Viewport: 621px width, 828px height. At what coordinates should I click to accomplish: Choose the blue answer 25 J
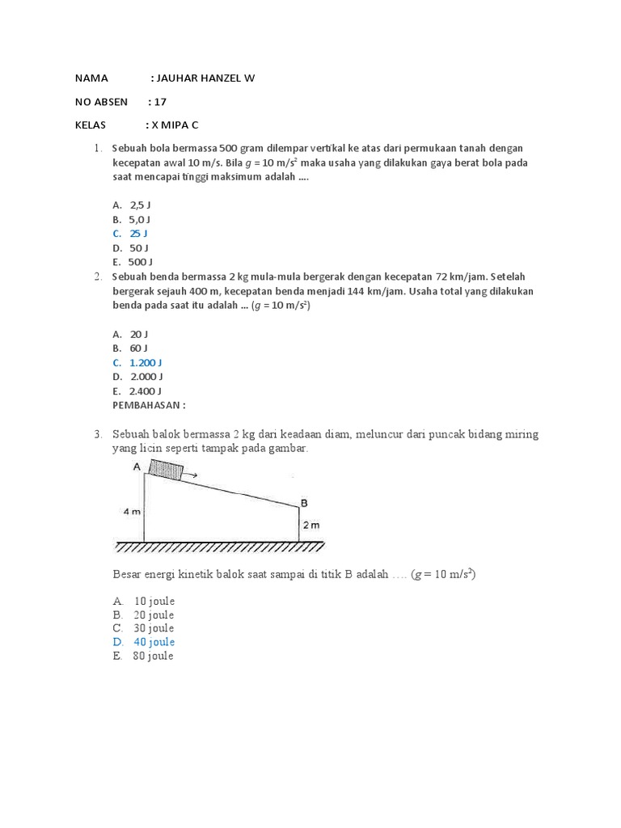click(138, 233)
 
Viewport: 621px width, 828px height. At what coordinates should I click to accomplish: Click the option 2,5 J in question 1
click(141, 205)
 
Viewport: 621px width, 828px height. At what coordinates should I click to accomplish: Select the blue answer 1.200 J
click(146, 362)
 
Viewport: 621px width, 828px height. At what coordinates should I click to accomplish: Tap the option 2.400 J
click(146, 391)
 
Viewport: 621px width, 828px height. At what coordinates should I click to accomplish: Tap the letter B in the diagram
click(304, 502)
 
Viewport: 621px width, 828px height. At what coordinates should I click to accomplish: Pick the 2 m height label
click(310, 526)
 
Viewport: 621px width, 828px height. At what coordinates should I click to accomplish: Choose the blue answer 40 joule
click(154, 642)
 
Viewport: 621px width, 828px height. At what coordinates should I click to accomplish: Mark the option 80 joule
click(154, 656)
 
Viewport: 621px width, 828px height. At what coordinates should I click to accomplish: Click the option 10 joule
click(154, 602)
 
